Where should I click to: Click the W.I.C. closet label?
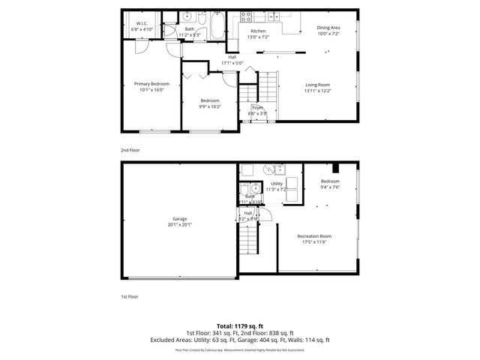coord(142,23)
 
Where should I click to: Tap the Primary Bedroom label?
coord(151,83)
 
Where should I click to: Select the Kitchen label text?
coord(257,31)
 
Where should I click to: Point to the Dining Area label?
coord(328,28)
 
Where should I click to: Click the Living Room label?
coord(317,85)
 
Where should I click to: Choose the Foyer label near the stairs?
coord(257,108)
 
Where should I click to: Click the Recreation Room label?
coord(314,236)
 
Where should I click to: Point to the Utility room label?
coord(277,184)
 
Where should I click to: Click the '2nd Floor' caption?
coord(130,150)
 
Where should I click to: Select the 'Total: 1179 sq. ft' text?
coord(239,326)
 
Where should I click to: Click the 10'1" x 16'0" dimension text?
coord(151,90)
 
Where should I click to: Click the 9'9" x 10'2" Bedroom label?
coord(210,103)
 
